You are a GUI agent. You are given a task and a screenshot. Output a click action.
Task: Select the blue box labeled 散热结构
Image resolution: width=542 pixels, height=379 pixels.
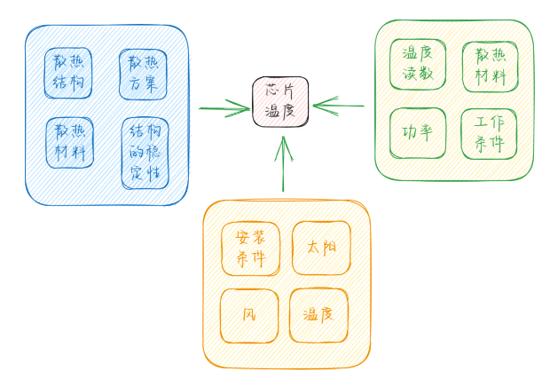[68, 71]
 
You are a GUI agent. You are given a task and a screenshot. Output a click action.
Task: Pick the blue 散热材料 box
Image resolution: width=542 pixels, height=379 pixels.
[69, 142]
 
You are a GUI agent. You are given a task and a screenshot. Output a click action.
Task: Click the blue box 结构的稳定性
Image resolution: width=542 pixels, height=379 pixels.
[145, 152]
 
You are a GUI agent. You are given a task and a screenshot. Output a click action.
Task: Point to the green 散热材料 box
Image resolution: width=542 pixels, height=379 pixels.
[490, 66]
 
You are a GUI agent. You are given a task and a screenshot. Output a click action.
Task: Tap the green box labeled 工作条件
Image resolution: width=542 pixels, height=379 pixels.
[489, 133]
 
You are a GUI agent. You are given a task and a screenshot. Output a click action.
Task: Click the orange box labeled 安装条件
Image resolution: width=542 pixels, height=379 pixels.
[249, 249]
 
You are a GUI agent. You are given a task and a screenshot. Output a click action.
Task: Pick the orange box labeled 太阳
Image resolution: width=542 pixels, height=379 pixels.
[321, 247]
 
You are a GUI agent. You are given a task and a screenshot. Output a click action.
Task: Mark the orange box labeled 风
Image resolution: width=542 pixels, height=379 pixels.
[248, 314]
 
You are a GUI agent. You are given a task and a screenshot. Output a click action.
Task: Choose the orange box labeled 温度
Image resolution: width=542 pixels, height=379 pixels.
[318, 314]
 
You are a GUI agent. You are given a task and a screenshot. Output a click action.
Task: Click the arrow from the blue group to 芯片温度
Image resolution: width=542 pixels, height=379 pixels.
[222, 109]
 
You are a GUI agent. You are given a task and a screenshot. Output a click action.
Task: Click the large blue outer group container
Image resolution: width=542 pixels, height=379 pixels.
[106, 186]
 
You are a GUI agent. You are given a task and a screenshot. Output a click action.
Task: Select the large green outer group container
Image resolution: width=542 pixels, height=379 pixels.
[452, 170]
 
